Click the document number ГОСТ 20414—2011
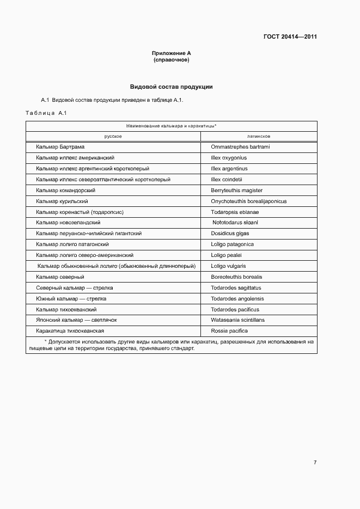pyautogui.click(x=290, y=37)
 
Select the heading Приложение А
pyautogui.click(x=172, y=53)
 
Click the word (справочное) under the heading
pyautogui.click(x=172, y=60)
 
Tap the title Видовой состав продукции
pyautogui.click(x=172, y=87)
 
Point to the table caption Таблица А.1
pyautogui.click(x=46, y=113)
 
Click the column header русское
pyautogui.click(x=113, y=136)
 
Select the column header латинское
pyautogui.click(x=259, y=136)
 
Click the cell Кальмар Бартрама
pyautogui.click(x=60, y=147)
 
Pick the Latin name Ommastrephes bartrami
pyautogui.click(x=240, y=147)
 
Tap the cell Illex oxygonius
pyautogui.click(x=229, y=158)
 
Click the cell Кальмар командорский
pyautogui.click(x=66, y=191)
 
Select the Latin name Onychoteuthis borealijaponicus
pyautogui.click(x=249, y=201)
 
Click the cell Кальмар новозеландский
pyautogui.click(x=68, y=223)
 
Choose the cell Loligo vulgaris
pyautogui.click(x=228, y=266)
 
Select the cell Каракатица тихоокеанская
pyautogui.click(x=70, y=331)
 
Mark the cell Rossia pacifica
pyautogui.click(x=229, y=331)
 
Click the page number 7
pyautogui.click(x=315, y=463)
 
